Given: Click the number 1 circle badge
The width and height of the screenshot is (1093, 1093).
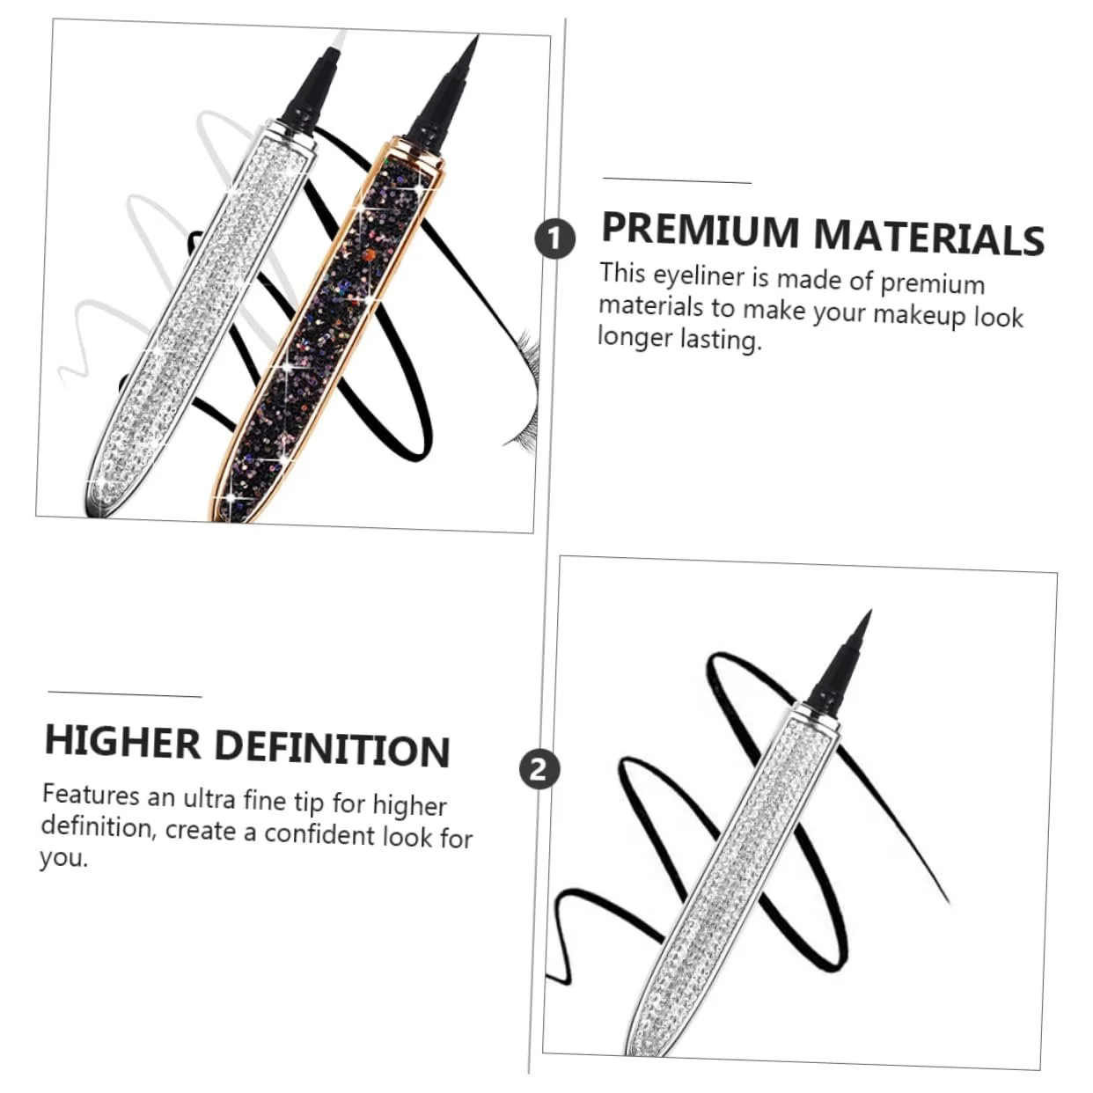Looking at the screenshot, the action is (554, 238).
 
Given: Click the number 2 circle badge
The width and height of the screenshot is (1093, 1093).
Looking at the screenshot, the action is (539, 770).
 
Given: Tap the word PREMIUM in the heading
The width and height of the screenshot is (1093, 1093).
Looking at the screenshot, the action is (700, 230).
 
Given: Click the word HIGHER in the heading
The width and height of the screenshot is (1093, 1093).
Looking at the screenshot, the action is (122, 741).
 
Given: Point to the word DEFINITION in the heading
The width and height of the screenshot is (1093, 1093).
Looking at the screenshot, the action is (333, 749).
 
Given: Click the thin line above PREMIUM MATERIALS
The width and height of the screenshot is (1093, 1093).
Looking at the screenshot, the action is (677, 181).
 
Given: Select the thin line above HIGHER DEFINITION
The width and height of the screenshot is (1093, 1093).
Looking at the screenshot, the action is (125, 693).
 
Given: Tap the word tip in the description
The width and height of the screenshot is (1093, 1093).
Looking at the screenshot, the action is (309, 802).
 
